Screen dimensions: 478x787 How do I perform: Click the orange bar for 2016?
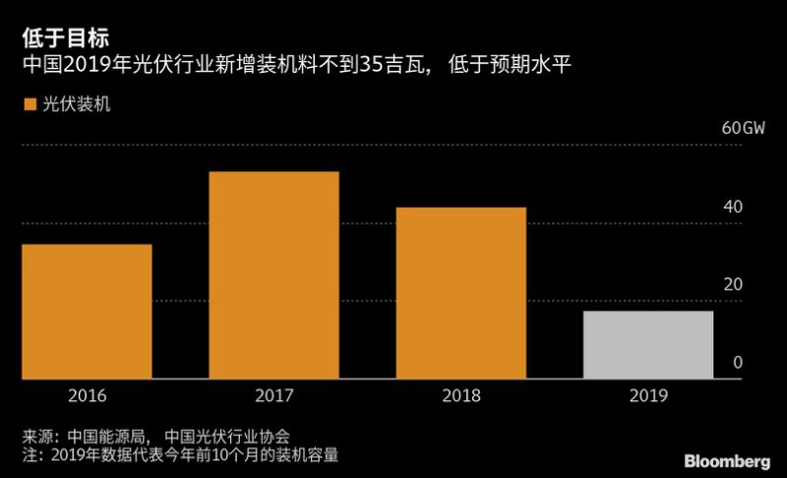(x=88, y=311)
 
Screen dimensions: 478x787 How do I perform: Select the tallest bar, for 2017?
(x=274, y=275)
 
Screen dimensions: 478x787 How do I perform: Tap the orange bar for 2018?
(x=461, y=293)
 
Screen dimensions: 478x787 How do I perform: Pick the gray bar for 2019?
(x=647, y=344)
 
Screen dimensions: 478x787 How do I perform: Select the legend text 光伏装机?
(x=75, y=103)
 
